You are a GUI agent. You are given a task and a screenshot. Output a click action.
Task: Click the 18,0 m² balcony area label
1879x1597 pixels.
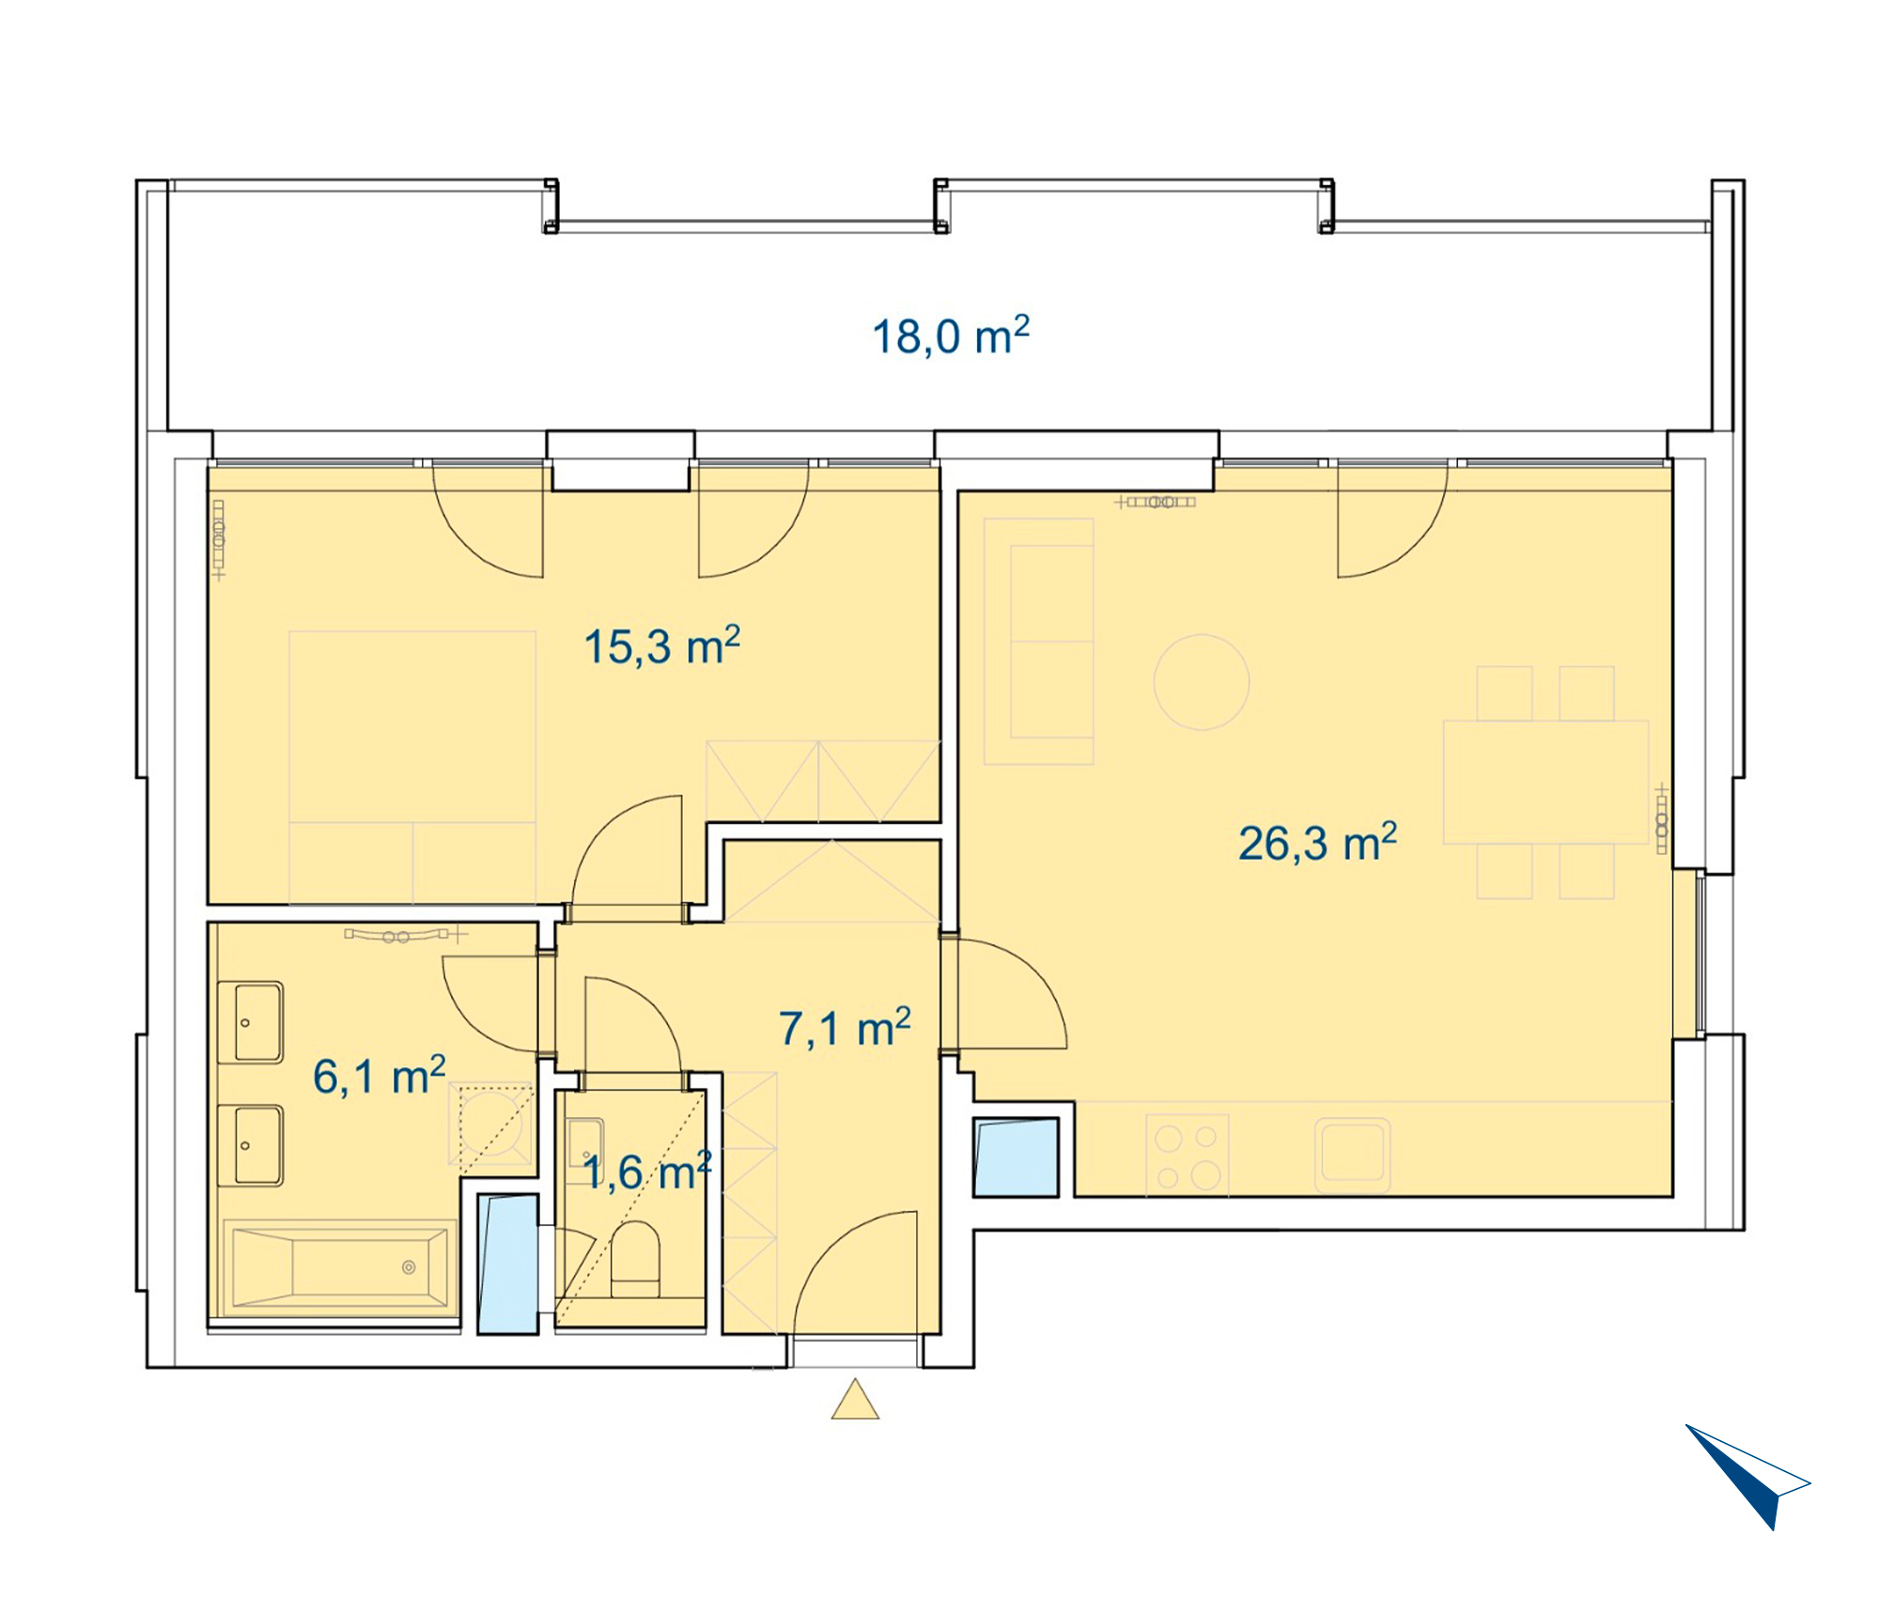tap(951, 336)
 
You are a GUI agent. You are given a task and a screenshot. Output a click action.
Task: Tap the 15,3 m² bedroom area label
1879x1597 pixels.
tap(662, 646)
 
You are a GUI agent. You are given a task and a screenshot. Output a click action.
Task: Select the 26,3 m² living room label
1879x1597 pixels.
tap(1317, 843)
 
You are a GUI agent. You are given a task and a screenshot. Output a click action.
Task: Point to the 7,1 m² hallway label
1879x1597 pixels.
tap(845, 1028)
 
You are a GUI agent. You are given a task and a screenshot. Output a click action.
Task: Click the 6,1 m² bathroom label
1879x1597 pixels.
tap(379, 1076)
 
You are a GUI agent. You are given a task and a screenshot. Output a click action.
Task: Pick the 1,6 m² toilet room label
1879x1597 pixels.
tap(647, 1172)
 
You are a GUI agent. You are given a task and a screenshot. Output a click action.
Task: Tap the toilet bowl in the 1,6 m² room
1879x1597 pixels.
tap(635, 1259)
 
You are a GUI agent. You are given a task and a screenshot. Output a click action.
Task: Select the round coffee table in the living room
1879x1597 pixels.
tap(1202, 682)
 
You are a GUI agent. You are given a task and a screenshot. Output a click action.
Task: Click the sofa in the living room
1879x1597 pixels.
tap(1039, 642)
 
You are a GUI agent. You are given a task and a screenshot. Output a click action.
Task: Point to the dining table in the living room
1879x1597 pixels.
tap(1545, 783)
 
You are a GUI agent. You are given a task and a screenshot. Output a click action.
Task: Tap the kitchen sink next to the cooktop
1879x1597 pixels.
tap(1352, 1155)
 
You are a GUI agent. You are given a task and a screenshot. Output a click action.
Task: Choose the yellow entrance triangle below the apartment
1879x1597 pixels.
tap(855, 1399)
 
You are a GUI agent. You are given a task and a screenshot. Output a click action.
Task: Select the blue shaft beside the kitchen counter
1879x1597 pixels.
tap(1016, 1156)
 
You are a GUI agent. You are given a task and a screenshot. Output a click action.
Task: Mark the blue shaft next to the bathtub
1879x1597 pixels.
tap(507, 1264)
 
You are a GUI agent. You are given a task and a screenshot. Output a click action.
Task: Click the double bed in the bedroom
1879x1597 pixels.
tap(412, 767)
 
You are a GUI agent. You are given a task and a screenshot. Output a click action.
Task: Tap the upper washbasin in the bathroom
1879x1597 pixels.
tap(250, 1022)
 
